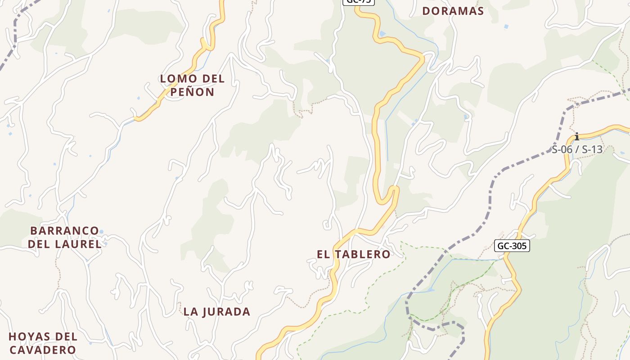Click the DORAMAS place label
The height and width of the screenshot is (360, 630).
[x=453, y=11]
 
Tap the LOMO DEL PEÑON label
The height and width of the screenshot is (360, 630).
[x=192, y=85]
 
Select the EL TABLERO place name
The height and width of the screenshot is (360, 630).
[x=354, y=254]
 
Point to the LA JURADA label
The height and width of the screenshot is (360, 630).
[x=217, y=311]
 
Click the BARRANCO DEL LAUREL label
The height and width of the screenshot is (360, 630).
[x=65, y=237]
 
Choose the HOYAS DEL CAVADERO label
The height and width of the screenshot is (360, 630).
[x=43, y=343]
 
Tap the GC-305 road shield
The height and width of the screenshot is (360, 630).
[x=512, y=246]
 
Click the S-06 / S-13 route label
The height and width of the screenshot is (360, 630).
[x=577, y=150]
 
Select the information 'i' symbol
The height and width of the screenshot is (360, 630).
[x=577, y=136]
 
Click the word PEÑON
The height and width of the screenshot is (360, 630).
[x=192, y=92]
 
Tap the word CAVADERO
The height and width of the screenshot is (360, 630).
[x=43, y=350]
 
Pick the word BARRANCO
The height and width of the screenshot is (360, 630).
[x=65, y=230]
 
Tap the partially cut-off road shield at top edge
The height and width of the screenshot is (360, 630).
[x=359, y=2]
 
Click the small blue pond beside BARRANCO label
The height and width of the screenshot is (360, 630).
[x=101, y=232]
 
